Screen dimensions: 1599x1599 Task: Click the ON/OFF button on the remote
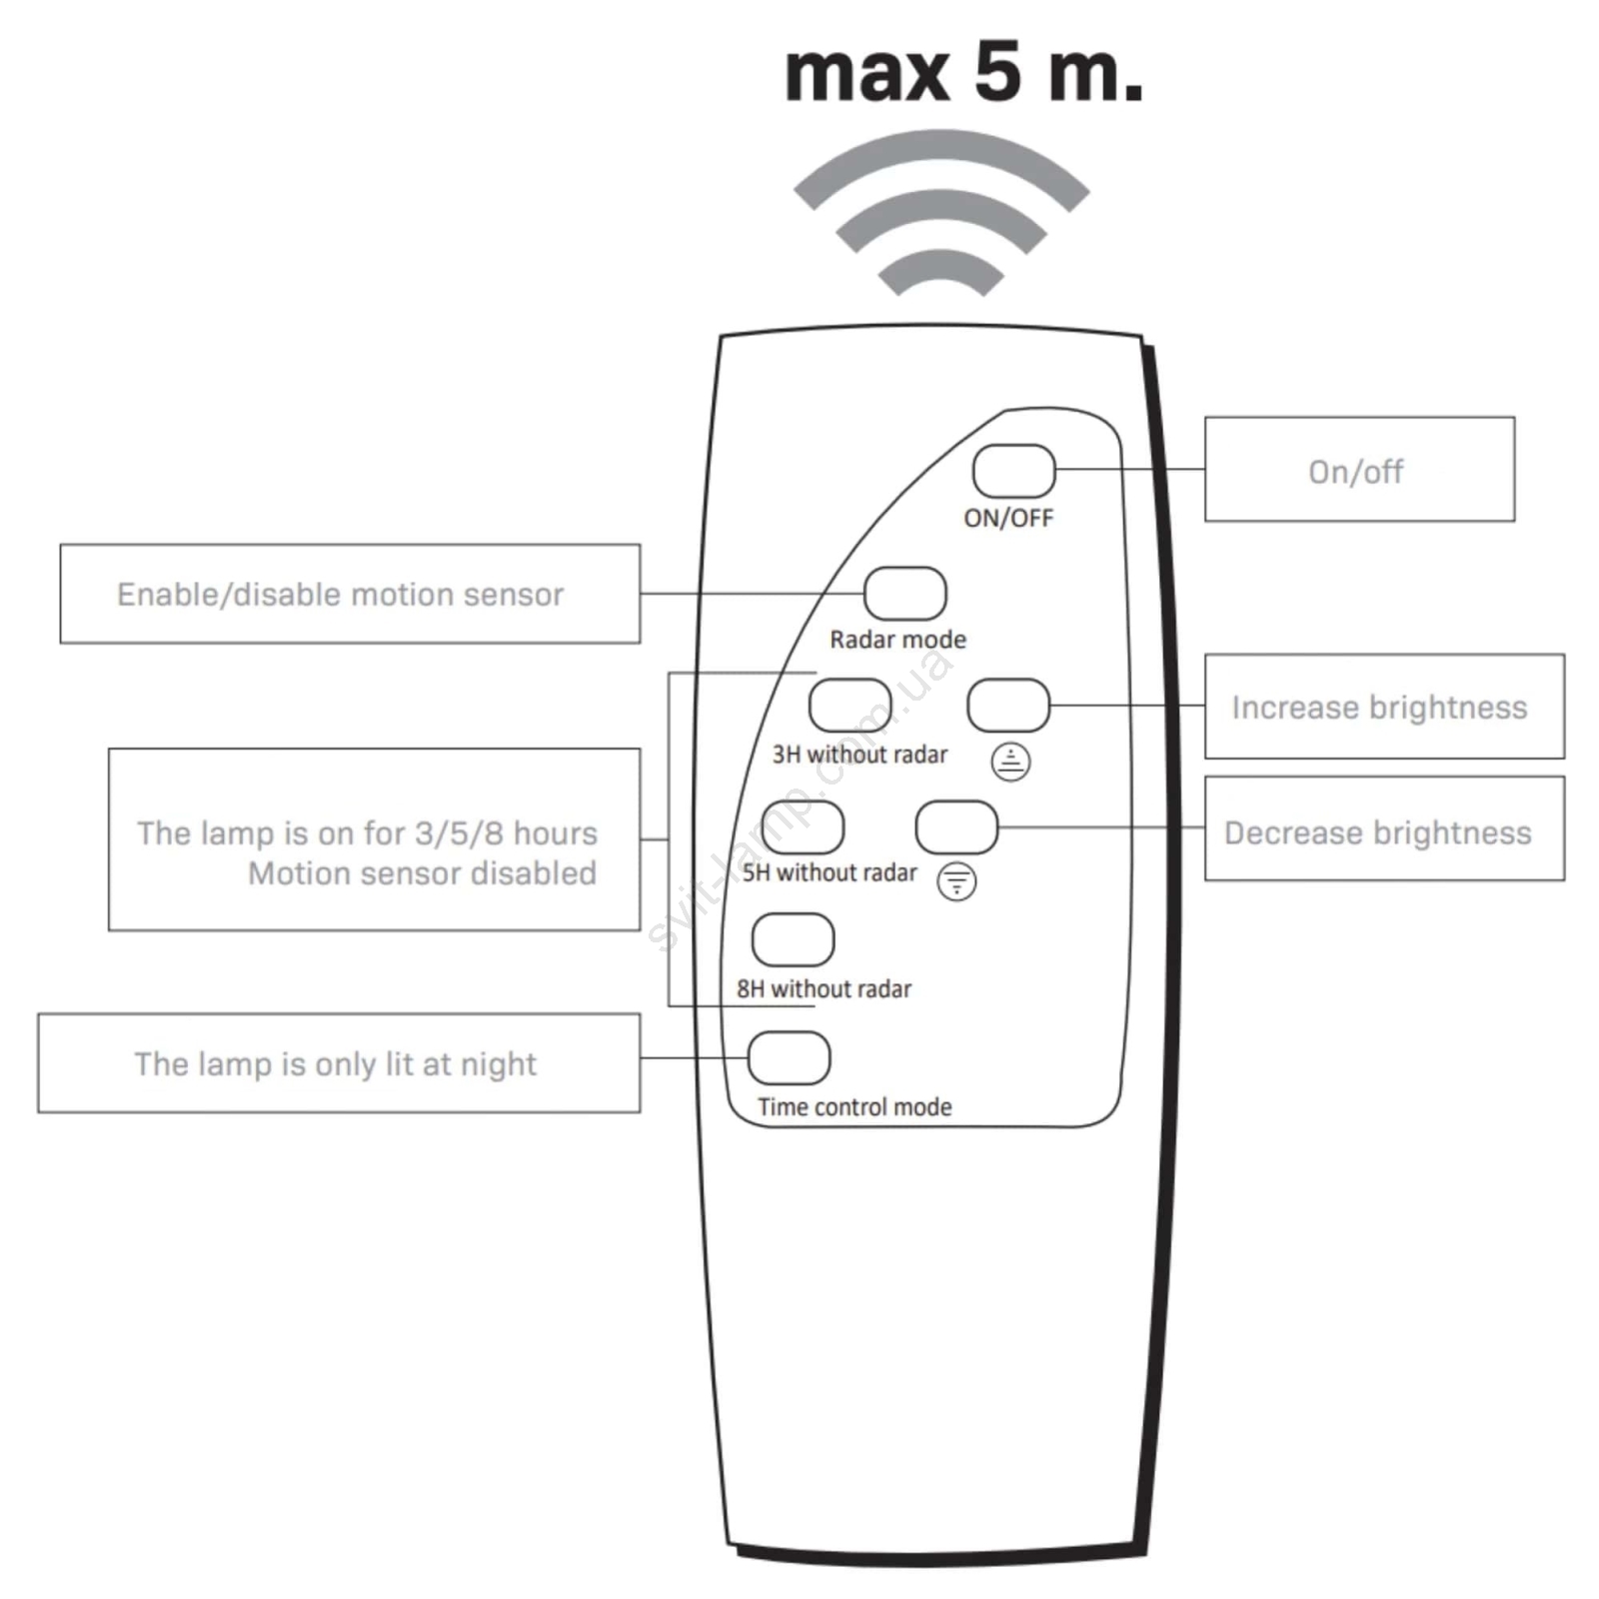coord(1013,471)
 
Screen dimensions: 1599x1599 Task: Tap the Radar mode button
coord(904,594)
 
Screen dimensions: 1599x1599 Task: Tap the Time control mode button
coord(789,1057)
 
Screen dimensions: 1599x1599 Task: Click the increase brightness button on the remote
coord(1008,706)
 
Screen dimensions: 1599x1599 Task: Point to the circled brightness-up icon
coord(1010,762)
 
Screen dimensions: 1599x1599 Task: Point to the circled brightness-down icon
coord(956,881)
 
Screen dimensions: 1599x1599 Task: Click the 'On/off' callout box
coord(1358,470)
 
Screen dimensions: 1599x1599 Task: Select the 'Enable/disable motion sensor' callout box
coord(350,594)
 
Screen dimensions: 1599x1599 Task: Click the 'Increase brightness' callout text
coord(1379,708)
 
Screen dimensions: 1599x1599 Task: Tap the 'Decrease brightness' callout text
coord(1377,832)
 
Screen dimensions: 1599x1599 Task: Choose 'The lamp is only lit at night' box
coord(338,1063)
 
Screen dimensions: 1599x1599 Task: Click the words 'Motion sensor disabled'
coord(422,873)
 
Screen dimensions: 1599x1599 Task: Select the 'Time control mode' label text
coord(854,1106)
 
